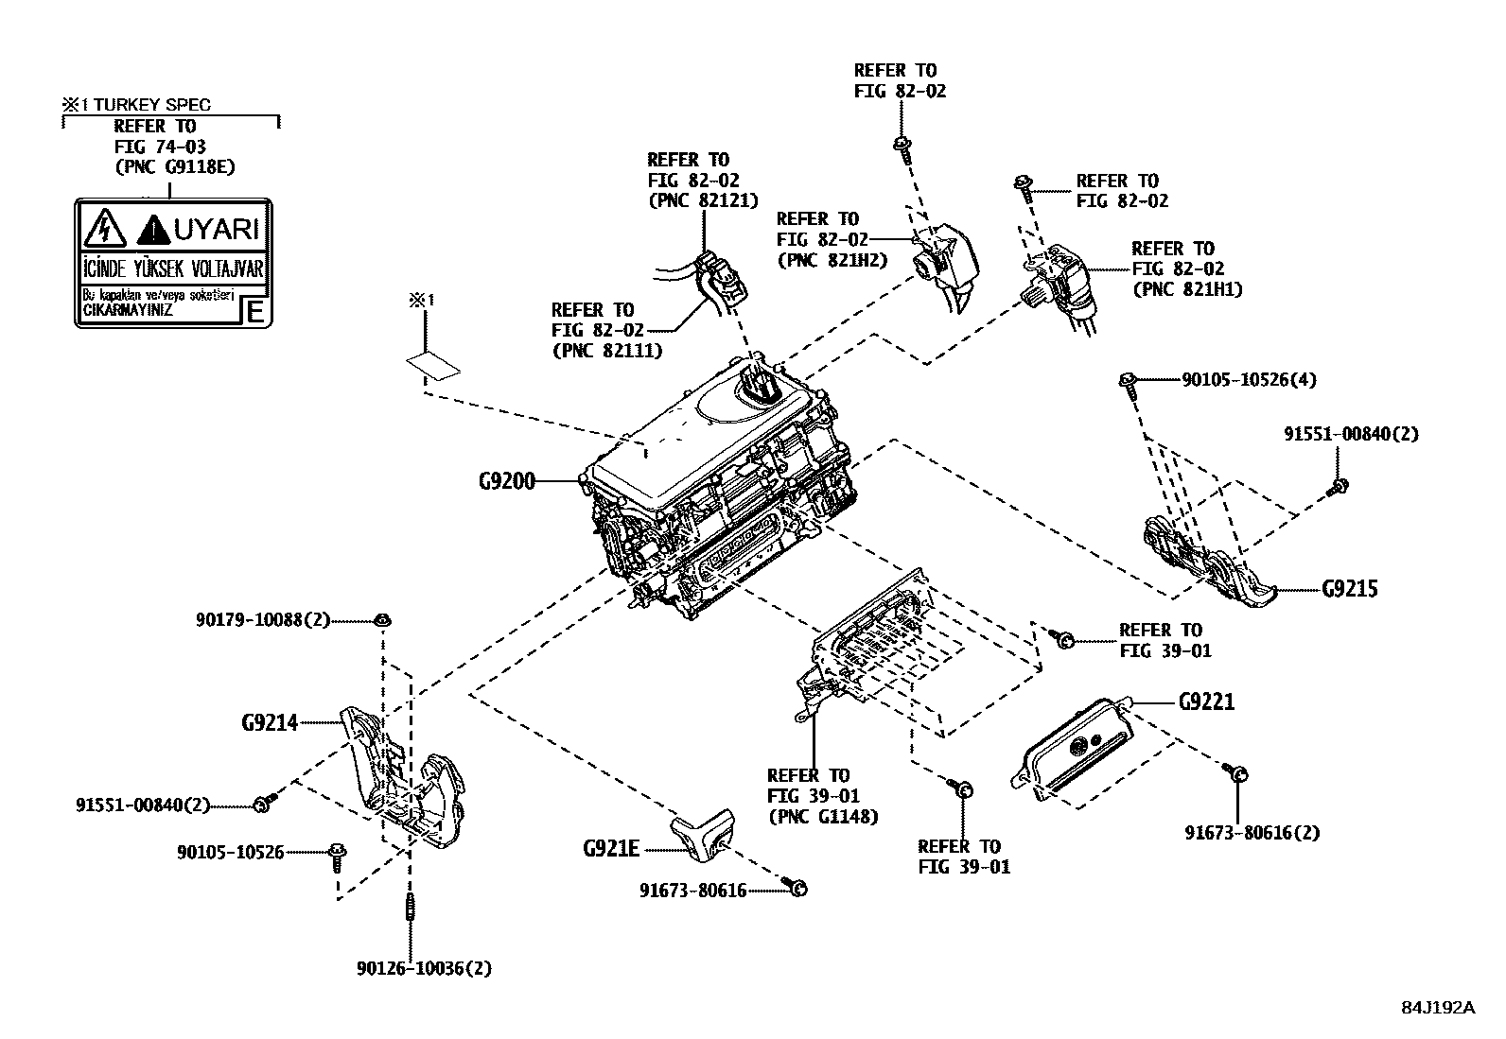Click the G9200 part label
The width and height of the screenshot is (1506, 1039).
(507, 481)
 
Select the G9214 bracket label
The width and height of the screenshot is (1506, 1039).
(270, 723)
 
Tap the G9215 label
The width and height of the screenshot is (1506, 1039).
(1350, 589)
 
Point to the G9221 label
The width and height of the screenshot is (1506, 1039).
(1206, 702)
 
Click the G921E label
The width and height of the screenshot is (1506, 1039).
(611, 849)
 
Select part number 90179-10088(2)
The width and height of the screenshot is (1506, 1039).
(263, 620)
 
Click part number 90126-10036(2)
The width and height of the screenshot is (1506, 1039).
(425, 968)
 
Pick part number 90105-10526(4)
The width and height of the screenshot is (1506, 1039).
(1249, 380)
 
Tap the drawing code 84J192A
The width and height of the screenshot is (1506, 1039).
(1438, 1007)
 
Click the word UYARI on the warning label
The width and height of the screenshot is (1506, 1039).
(217, 229)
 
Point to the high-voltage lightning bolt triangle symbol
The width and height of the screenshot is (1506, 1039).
(100, 230)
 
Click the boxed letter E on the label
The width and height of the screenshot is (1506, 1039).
(254, 311)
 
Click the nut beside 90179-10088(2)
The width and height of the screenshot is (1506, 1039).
(383, 620)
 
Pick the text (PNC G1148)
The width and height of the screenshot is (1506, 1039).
(823, 816)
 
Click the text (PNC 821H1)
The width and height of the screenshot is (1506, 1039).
(1187, 289)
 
